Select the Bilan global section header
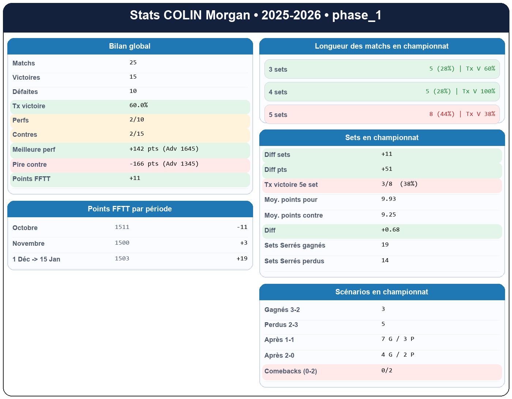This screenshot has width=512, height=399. [130, 46]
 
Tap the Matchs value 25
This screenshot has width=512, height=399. [133, 63]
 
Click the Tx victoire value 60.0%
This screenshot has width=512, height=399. [139, 105]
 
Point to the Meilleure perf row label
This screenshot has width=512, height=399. [34, 150]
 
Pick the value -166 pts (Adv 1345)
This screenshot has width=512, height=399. [164, 164]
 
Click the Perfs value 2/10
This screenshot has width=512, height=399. [137, 120]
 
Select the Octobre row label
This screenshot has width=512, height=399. [25, 228]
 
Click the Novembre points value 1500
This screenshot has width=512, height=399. [122, 243]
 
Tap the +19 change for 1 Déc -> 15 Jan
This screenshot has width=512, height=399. [242, 259]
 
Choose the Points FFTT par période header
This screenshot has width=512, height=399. [130, 209]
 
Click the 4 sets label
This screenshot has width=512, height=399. [278, 92]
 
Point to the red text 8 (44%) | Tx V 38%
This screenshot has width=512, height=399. [462, 114]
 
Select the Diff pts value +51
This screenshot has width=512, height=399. [387, 169]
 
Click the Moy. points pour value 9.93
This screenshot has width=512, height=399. [388, 199]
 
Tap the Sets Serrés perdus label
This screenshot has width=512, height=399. [294, 261]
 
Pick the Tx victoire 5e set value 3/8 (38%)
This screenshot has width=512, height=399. [399, 184]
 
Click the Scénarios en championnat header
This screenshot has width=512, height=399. [381, 292]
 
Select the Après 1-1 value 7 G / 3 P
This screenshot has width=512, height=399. [398, 339]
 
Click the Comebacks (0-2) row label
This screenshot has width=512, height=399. [290, 372]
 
